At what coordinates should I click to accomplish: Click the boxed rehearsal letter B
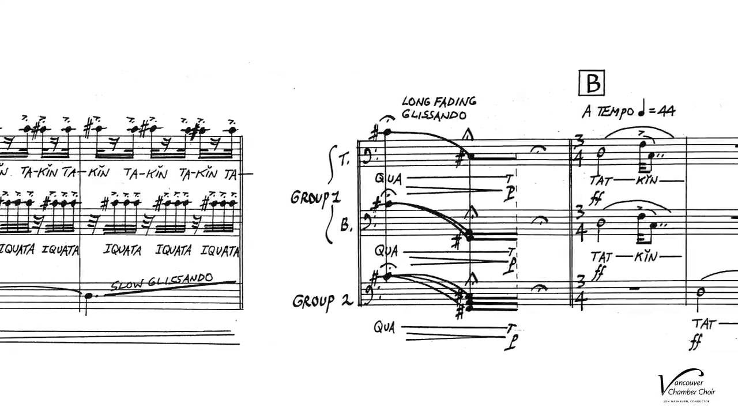coord(592,83)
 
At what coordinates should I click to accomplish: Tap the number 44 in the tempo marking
coord(666,111)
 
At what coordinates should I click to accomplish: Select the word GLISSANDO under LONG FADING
coord(434,115)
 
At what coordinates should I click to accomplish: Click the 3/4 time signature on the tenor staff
coord(579,150)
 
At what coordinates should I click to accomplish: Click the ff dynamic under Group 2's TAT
coord(695,342)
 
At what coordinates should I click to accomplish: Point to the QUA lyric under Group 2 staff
coord(384,327)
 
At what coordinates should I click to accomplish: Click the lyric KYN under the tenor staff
coord(647,181)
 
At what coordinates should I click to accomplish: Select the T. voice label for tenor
coord(344,160)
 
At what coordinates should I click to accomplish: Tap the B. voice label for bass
coord(345,225)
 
